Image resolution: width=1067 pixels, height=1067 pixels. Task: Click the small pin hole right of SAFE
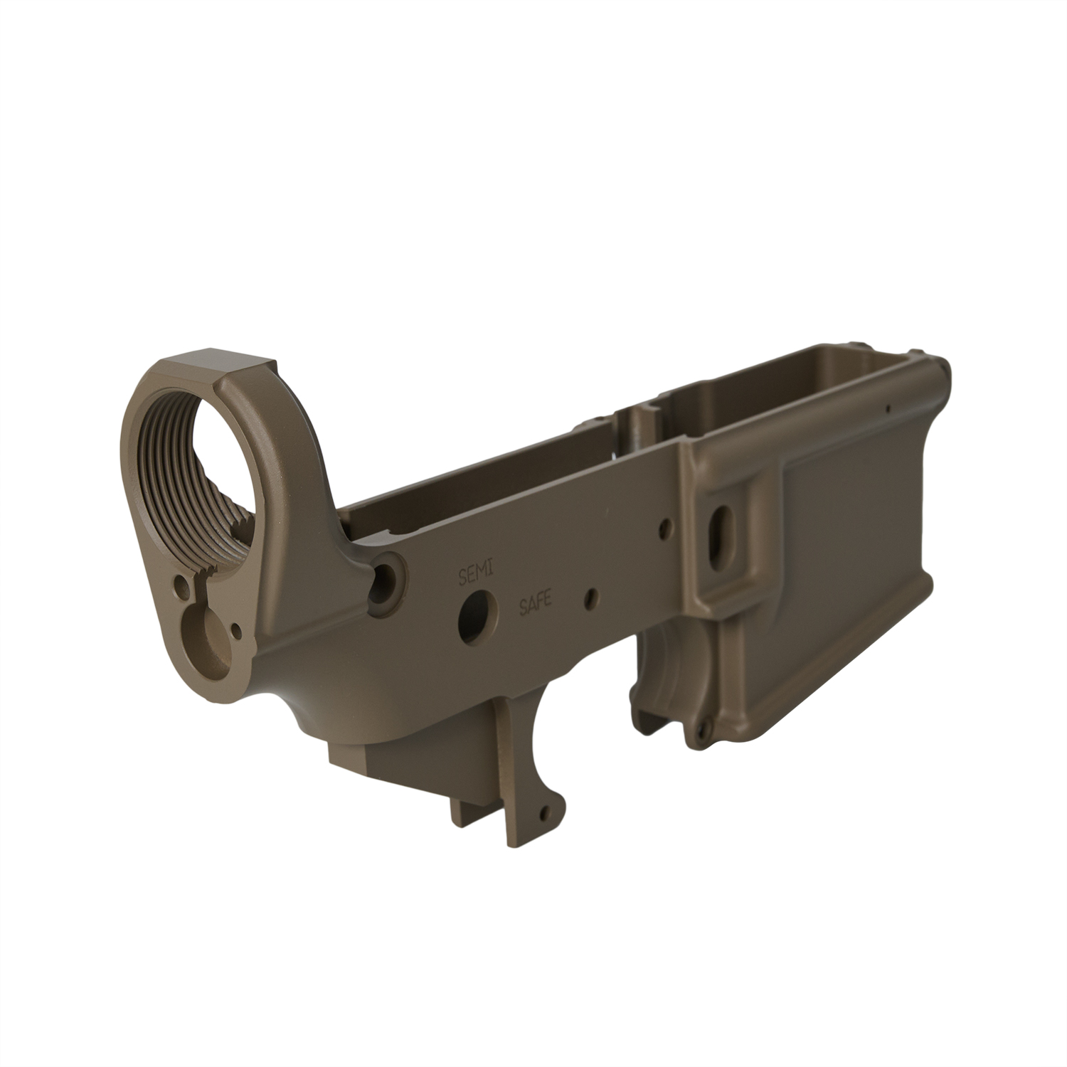click(590, 598)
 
